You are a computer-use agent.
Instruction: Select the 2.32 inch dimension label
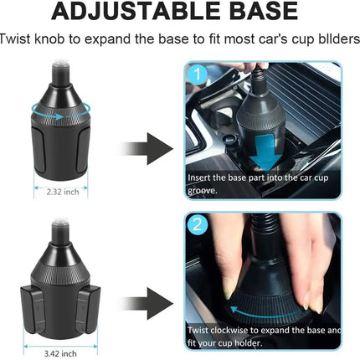point(63,192)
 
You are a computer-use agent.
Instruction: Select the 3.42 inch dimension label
point(60,354)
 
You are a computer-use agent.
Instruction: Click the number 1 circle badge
point(198,75)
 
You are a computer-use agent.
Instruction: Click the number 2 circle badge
point(198,224)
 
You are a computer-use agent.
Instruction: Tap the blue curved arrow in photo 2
point(265,315)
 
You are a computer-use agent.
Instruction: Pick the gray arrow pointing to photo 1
point(147,149)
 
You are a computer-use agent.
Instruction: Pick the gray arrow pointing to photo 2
point(147,304)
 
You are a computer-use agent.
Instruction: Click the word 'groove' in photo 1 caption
point(202,191)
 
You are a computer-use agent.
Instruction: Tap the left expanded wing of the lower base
point(32,309)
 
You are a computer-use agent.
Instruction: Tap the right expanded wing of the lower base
point(88,309)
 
